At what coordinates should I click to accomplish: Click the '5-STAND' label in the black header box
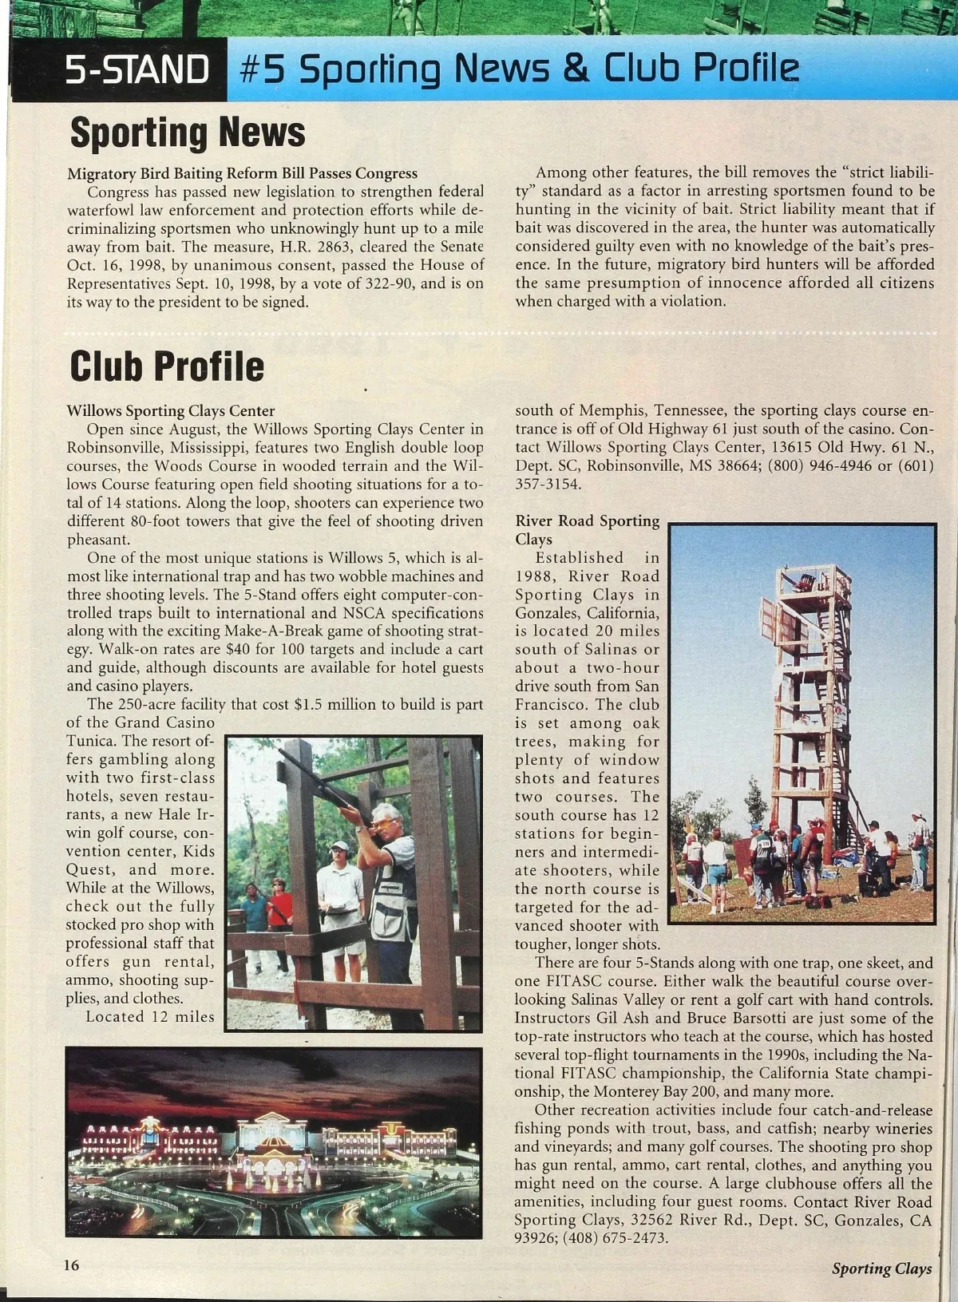pyautogui.click(x=137, y=69)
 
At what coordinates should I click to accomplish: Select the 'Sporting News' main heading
pyautogui.click(x=188, y=133)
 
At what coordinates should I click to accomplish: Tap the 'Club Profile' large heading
pyautogui.click(x=167, y=366)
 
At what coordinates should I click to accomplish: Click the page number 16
pyautogui.click(x=73, y=1265)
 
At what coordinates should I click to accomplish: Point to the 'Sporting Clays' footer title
pyautogui.click(x=881, y=1268)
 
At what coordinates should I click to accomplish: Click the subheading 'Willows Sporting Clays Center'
pyautogui.click(x=170, y=411)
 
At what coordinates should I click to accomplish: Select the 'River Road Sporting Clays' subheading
pyautogui.click(x=587, y=530)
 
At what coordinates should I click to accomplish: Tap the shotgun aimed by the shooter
pyautogui.click(x=319, y=778)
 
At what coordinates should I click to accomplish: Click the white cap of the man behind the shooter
pyautogui.click(x=339, y=845)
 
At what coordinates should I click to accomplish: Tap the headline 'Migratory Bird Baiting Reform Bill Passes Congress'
pyautogui.click(x=242, y=173)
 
